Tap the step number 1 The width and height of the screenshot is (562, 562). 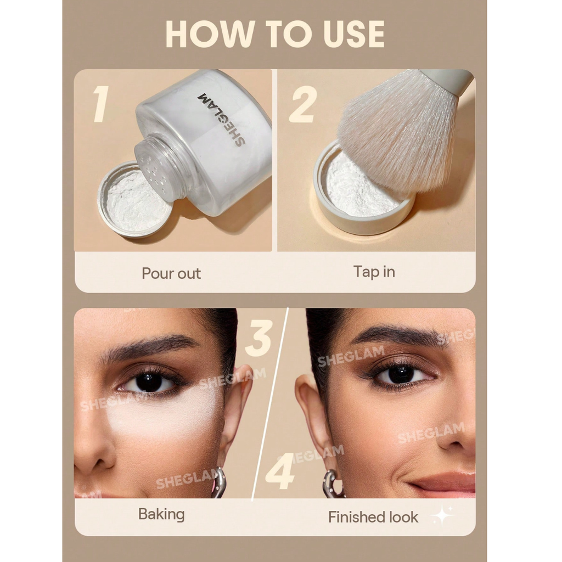101,104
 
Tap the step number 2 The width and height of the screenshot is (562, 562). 303,104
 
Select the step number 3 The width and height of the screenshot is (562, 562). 259,338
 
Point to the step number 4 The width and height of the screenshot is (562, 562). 280,471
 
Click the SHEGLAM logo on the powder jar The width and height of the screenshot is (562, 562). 222,119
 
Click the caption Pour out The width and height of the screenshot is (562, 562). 171,273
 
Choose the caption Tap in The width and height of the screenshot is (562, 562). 374,272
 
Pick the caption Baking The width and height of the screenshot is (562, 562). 162,515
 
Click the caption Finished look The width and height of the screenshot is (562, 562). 373,517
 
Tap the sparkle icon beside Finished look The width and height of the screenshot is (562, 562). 443,515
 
